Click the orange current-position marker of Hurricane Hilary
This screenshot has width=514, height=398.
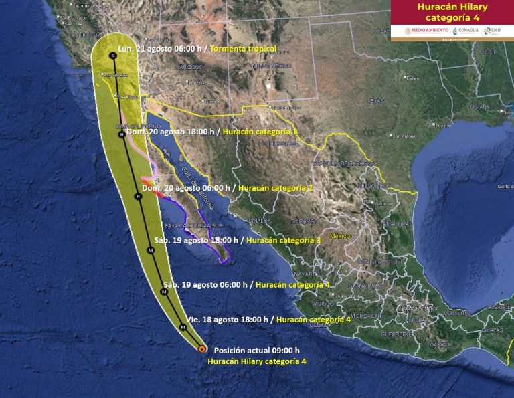pyautogui.click(x=202, y=349)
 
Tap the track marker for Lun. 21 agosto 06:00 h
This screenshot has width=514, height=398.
pyautogui.click(x=113, y=56)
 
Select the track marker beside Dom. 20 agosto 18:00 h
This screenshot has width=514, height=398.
pyautogui.click(x=121, y=135)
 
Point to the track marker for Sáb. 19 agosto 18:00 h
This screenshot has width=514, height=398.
pyautogui.click(x=151, y=250)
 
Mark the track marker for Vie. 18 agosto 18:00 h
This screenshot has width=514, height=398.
pyautogui.click(x=183, y=327)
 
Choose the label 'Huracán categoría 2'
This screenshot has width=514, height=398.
pyautogui.click(x=275, y=188)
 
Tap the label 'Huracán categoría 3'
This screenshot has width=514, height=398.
pyautogui.click(x=283, y=239)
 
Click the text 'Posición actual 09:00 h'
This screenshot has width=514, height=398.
pyautogui.click(x=256, y=350)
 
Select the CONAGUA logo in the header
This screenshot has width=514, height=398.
pyautogui.click(x=466, y=31)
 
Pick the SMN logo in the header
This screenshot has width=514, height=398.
pyautogui.click(x=493, y=31)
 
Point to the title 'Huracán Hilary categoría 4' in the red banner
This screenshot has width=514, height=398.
pyautogui.click(x=452, y=12)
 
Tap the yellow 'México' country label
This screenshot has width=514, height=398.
pyautogui.click(x=339, y=236)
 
